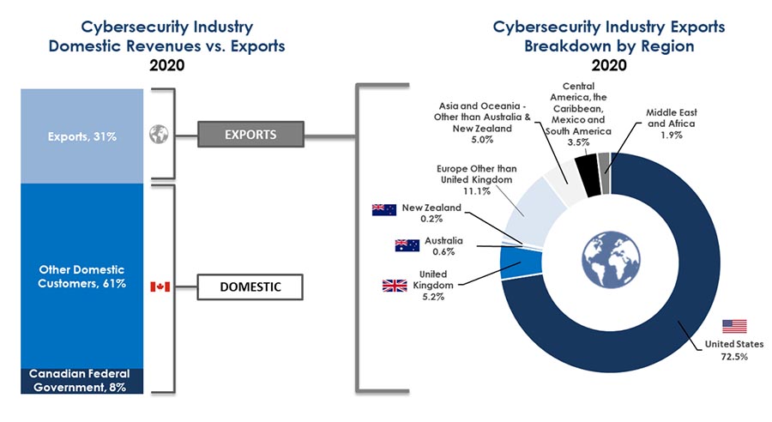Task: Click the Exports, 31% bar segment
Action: [x=81, y=135]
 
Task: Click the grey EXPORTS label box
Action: [x=250, y=134]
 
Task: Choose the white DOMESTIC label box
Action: [x=250, y=286]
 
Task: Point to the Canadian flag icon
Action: [x=160, y=286]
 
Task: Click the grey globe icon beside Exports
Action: [x=158, y=135]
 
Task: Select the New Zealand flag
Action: [x=383, y=210]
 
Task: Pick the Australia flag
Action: [x=407, y=245]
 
